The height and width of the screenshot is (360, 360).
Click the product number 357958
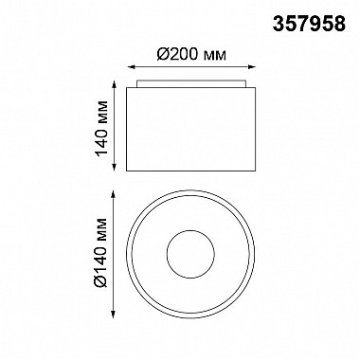pyautogui.click(x=309, y=24)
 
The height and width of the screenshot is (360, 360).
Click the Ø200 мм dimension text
pyautogui.click(x=191, y=55)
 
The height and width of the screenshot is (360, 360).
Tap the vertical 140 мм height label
pyautogui.click(x=101, y=129)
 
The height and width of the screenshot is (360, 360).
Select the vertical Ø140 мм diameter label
pyautogui.click(x=101, y=252)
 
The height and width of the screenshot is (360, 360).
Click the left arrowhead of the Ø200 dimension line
pyautogui.click(x=131, y=67)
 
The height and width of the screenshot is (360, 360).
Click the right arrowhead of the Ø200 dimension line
pyautogui.click(x=252, y=67)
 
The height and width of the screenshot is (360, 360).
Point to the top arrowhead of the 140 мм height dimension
pyautogui.click(x=114, y=84)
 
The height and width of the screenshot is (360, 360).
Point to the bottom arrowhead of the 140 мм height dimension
pyautogui.click(x=114, y=168)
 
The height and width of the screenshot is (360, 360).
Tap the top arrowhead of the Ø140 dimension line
pyautogui.click(x=114, y=194)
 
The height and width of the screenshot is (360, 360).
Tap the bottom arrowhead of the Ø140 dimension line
pyautogui.click(x=114, y=314)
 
